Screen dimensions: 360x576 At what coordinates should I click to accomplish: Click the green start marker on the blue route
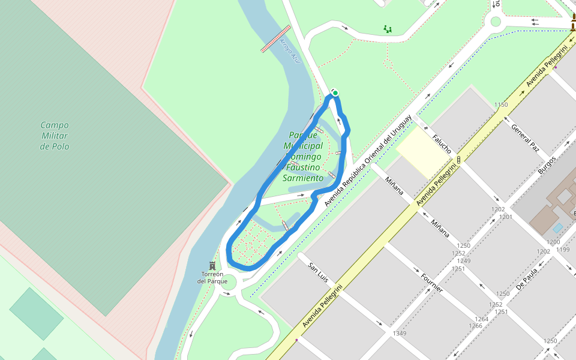pos(335,92)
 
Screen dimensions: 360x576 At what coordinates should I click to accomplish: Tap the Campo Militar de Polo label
pos(55,136)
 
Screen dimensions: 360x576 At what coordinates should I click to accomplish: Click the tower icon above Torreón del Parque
pos(212,265)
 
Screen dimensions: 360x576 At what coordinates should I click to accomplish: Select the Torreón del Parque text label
pos(212,278)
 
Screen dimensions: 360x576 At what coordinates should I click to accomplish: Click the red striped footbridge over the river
pos(276,39)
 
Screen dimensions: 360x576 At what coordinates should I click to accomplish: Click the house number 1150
pos(501,105)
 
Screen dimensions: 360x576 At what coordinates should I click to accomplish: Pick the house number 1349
pos(399,333)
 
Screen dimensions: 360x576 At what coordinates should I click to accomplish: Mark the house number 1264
pos(481,319)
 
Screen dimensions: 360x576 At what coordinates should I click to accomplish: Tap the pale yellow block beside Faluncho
pos(422,152)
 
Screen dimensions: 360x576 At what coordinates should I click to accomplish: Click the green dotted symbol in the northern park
pos(388,28)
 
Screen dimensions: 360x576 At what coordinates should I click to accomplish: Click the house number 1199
pos(563,249)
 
